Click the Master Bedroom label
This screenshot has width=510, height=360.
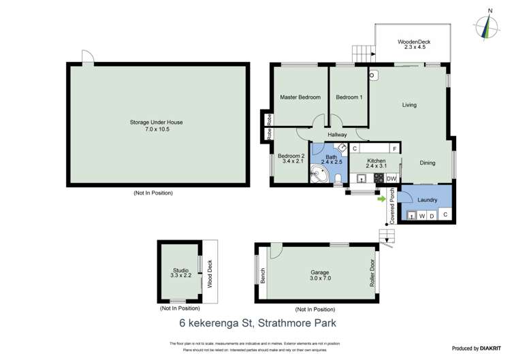coord(300,97)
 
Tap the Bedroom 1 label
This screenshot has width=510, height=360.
coord(349,97)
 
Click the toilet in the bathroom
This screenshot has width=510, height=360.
coord(338,178)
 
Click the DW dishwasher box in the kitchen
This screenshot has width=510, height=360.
coord(391,179)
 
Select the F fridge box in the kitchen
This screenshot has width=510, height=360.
coord(394,148)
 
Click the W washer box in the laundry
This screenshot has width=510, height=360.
coord(421,216)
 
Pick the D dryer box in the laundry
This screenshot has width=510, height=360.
coord(432,216)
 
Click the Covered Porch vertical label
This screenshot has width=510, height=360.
coord(392,206)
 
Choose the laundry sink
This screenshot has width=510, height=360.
coord(411,216)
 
